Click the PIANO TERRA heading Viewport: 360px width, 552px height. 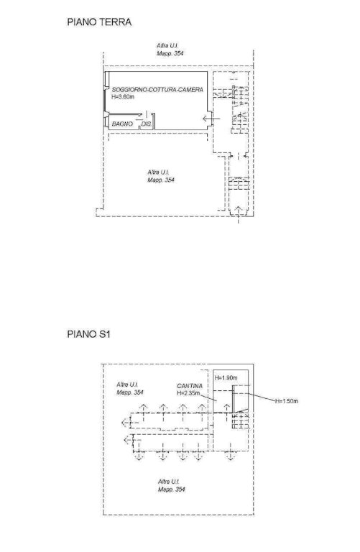coord(99,22)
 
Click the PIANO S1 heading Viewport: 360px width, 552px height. coord(88,333)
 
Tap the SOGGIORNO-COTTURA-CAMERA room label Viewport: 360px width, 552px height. coord(157,90)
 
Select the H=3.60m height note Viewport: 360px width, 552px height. coord(123,97)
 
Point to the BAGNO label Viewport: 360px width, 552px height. coord(122,124)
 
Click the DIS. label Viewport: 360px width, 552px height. coord(146,124)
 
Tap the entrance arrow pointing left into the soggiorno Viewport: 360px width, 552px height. coord(211,119)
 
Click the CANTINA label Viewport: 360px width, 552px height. coord(190,386)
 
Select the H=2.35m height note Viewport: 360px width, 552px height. coord(188,393)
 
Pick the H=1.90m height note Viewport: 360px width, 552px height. coord(226,378)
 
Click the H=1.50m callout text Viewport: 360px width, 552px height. coord(287,401)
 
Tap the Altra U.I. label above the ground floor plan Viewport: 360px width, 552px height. coord(167,46)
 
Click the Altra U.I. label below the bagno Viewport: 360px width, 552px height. coord(158,172)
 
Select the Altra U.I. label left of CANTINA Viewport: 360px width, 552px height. coord(127,385)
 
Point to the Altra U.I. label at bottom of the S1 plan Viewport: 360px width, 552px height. coord(169,482)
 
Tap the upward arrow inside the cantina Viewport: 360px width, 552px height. coord(227,408)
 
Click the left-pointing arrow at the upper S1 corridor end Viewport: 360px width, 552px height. coord(126,422)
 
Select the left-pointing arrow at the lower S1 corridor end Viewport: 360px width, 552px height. coord(129,439)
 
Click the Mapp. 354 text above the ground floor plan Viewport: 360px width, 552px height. coord(170,53)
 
